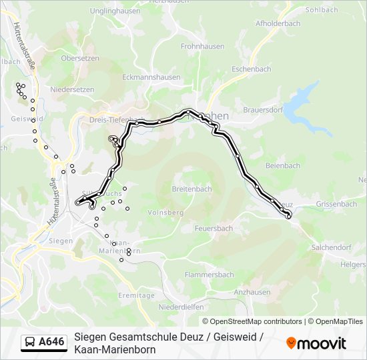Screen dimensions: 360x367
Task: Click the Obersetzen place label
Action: [79, 58]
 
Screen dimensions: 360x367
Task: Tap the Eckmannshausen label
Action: [151, 77]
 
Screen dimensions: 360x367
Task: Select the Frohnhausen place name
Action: [201, 47]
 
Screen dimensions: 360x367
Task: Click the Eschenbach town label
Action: [251, 69]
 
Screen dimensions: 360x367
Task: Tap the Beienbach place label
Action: [283, 165]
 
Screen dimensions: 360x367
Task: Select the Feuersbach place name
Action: [214, 228]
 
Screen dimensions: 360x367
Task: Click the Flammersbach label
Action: [209, 274]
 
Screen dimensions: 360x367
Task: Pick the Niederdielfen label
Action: [181, 307]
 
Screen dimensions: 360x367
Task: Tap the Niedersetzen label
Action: [72, 89]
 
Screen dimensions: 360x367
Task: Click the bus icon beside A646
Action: [29, 342]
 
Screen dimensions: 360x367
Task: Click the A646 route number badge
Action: [51, 342]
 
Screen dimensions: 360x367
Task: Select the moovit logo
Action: [316, 343]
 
